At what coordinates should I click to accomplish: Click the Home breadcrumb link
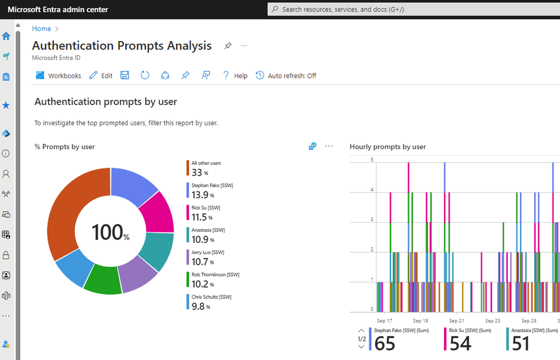pos(42,28)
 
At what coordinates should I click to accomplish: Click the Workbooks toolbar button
pos(59,76)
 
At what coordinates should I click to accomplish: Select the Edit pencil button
pos(101,76)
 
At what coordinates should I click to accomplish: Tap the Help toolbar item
pos(235,76)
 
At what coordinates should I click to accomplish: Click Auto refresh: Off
pos(286,76)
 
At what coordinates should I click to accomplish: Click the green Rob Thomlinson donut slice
pos(102,278)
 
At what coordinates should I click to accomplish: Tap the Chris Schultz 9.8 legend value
pos(198,306)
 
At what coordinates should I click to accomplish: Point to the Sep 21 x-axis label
pos(457,321)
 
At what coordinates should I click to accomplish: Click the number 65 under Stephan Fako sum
pos(384,344)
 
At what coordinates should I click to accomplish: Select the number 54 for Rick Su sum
pos(460,344)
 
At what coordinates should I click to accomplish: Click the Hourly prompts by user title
pos(388,147)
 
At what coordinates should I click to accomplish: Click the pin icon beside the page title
pos(228,46)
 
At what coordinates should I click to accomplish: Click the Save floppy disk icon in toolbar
pos(125,76)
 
